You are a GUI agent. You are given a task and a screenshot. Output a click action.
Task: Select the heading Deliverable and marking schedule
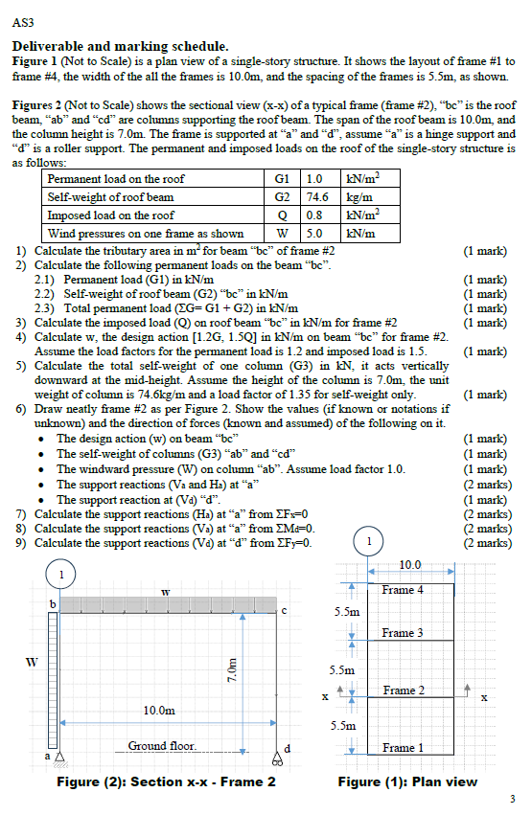coord(120,45)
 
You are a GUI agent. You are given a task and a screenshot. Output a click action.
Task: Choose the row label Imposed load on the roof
coord(111,215)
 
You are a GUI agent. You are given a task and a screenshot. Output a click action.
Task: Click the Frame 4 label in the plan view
coord(403,590)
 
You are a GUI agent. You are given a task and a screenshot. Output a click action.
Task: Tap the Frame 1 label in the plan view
coord(403,747)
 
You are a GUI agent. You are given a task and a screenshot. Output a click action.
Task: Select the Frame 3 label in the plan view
coord(403,633)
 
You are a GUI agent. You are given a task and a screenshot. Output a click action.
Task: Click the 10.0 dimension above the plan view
coord(409,566)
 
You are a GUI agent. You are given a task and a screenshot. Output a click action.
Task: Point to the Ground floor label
coord(161,745)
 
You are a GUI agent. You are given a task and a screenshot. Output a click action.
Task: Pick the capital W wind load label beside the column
coord(32,660)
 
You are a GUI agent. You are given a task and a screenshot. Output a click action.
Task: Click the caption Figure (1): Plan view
coord(408,781)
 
